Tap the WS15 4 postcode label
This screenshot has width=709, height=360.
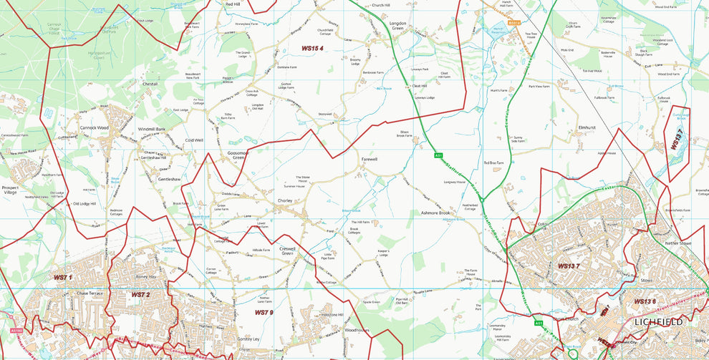tap(312, 49)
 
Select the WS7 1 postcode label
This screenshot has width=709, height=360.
tap(63, 277)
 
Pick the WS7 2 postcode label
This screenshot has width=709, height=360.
tap(140, 294)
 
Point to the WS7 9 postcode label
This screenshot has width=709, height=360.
tap(264, 312)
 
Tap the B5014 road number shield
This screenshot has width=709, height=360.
tap(513, 23)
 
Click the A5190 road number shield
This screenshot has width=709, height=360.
tap(16, 331)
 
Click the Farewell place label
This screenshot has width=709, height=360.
tap(370, 160)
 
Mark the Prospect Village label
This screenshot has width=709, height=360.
tap(11, 189)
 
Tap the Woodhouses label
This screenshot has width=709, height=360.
tap(357, 330)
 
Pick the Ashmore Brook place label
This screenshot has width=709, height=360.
tap(435, 213)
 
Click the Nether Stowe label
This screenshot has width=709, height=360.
tap(678, 244)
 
